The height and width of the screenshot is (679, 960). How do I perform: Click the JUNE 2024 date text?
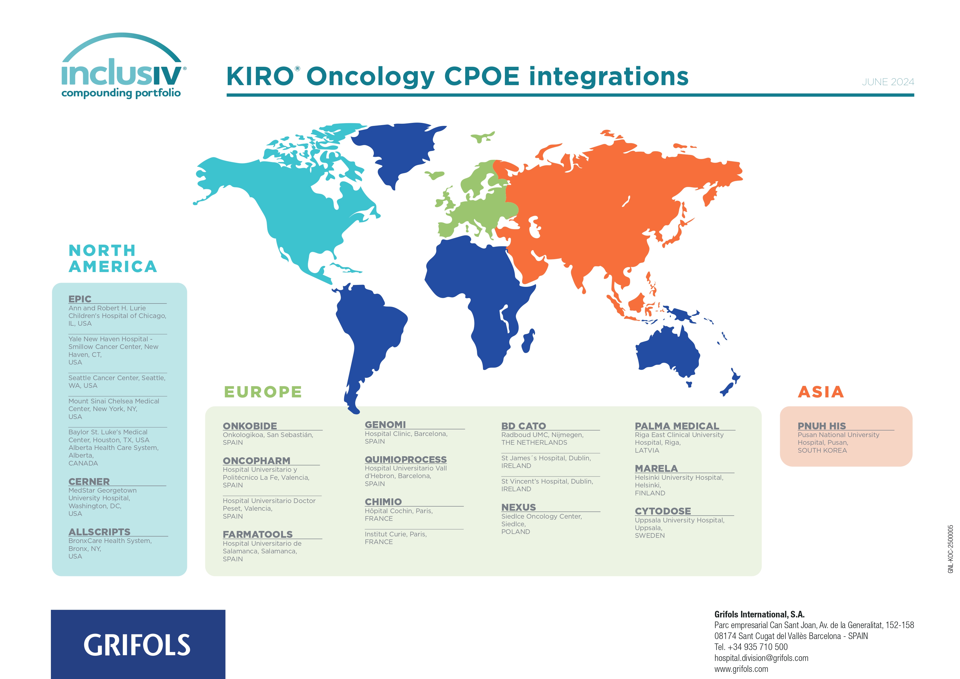tap(888, 82)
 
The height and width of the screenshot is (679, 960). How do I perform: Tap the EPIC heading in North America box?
tap(80, 299)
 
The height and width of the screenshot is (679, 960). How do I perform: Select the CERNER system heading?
tap(89, 482)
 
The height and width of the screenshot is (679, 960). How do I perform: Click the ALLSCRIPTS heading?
tap(100, 532)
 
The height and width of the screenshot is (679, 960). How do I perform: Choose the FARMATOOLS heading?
tap(258, 534)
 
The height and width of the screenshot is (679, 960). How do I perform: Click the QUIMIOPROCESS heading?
tap(406, 460)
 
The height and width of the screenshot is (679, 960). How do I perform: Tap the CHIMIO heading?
tap(383, 502)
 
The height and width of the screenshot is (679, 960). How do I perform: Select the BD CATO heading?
tap(524, 426)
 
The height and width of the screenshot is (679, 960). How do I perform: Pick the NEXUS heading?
tap(519, 507)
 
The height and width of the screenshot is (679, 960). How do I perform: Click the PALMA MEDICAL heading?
tap(677, 426)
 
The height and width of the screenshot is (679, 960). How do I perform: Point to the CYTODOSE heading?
tap(663, 511)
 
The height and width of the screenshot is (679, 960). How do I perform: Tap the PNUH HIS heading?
tap(822, 426)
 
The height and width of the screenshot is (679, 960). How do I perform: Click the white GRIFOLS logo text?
tap(137, 645)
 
